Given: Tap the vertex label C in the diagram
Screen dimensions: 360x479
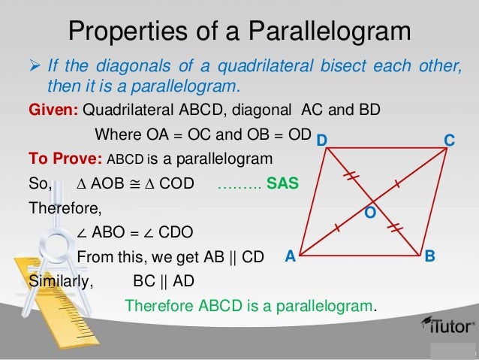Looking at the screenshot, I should click(449, 141).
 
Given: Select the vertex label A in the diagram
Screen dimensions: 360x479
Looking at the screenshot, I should click(290, 256).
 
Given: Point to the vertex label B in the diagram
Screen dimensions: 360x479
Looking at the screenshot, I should click(429, 256).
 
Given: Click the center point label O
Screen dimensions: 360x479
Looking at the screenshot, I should click(369, 213).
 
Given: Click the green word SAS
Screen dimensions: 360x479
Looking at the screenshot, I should click(282, 183).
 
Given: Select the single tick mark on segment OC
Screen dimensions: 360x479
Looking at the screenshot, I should click(396, 183).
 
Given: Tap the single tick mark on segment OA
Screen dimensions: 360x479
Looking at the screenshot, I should click(337, 226).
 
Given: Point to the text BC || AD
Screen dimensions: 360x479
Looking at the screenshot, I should click(164, 282).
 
